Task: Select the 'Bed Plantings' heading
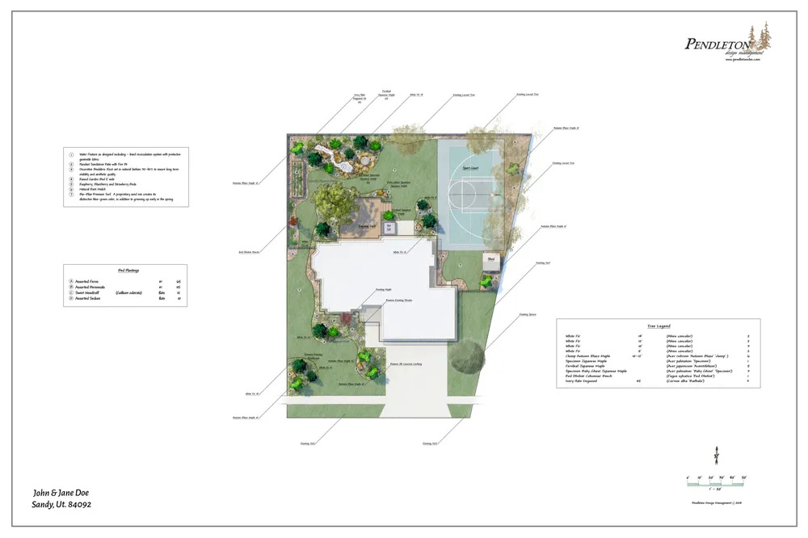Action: click(x=124, y=271)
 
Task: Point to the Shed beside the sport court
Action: click(x=490, y=262)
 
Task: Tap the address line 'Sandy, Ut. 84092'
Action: click(x=61, y=505)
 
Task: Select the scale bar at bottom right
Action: click(x=716, y=482)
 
